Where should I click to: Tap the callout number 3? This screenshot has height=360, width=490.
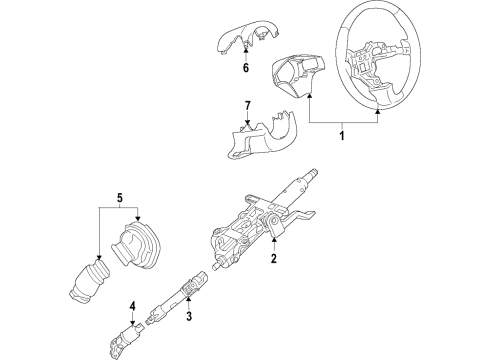click(187, 318)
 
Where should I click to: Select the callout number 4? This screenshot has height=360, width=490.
click(132, 305)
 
